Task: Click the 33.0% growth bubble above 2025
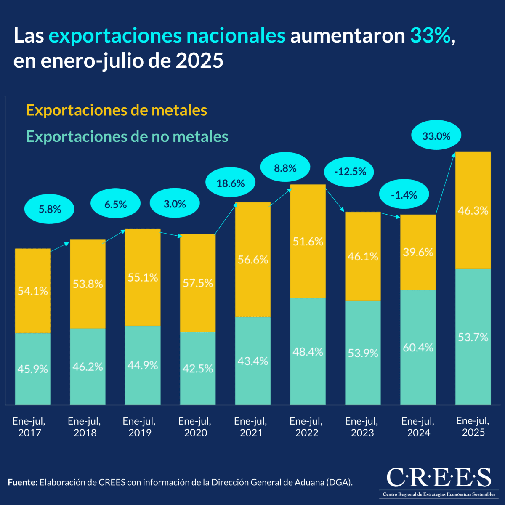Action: (436, 136)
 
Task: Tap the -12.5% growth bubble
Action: (349, 172)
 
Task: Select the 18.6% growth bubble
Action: (231, 183)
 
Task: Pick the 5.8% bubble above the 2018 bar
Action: (50, 209)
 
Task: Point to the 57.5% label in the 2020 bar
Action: (198, 283)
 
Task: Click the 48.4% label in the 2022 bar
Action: (308, 352)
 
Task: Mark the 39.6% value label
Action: (417, 252)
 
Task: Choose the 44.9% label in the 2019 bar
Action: (143, 365)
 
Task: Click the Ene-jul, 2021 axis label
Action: (251, 427)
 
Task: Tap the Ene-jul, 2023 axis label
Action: (362, 427)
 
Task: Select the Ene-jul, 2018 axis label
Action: (85, 427)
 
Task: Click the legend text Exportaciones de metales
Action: (117, 110)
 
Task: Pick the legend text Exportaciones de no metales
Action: (127, 136)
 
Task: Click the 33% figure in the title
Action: (430, 36)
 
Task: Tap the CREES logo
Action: (439, 481)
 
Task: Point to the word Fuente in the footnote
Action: (23, 482)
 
